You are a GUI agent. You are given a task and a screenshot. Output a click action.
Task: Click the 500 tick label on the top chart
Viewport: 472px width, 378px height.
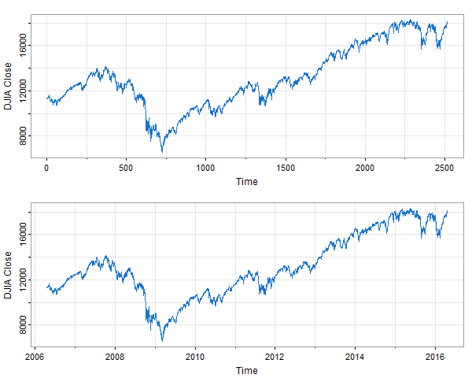pos(126,168)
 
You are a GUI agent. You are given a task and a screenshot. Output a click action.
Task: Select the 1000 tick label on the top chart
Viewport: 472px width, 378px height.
pos(205,168)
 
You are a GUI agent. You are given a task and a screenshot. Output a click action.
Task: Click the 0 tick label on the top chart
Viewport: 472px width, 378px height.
pos(46,168)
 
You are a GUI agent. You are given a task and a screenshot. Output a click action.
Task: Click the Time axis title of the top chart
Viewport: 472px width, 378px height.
pos(246,181)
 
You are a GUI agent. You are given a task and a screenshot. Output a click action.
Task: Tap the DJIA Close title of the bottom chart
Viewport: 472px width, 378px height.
pos(8,274)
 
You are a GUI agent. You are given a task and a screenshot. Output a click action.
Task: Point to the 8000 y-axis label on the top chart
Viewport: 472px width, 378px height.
pos(23,135)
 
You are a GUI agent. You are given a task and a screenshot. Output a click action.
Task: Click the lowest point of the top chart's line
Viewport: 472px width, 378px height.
pos(163,151)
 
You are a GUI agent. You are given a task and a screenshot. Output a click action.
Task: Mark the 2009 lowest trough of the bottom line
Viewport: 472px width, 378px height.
pos(163,340)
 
